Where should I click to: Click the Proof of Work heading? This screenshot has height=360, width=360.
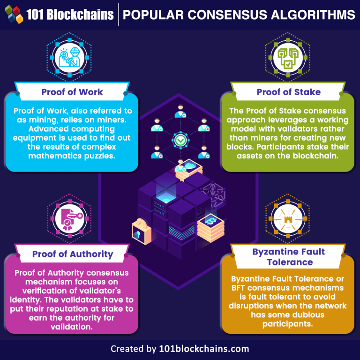coord(72,91)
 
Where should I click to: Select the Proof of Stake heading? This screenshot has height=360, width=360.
coord(288,91)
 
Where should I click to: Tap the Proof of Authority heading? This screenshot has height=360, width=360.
coord(73,255)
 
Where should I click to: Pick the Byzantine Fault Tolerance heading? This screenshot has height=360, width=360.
coord(289,256)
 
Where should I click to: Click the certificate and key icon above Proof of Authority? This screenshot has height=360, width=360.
coord(71,219)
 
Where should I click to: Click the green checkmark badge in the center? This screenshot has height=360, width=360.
coord(180,139)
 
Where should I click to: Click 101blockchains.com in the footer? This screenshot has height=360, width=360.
coord(204,349)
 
